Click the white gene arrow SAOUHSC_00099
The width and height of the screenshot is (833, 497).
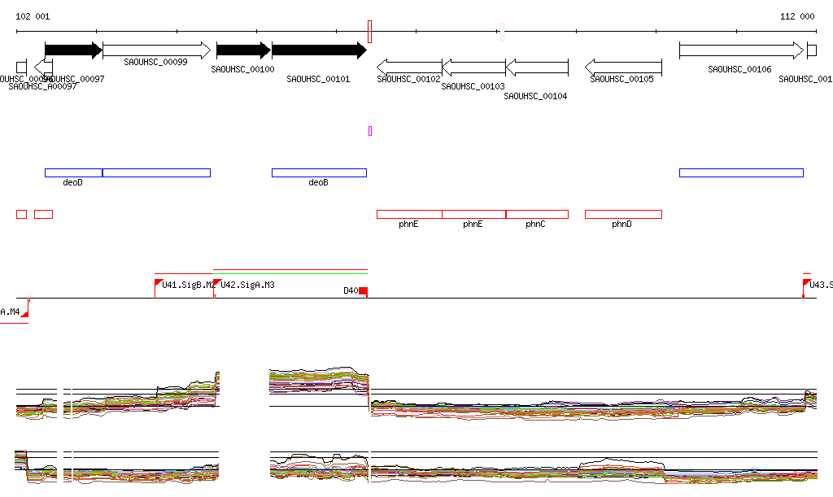(156, 50)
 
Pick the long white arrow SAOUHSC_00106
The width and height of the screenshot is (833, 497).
(740, 50)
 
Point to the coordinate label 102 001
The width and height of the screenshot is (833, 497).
(33, 16)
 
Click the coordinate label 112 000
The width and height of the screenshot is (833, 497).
(797, 16)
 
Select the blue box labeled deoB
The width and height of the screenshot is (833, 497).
(319, 172)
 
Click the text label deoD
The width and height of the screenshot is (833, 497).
(73, 183)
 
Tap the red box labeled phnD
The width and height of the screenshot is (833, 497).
(623, 214)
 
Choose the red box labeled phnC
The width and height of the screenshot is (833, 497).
(537, 214)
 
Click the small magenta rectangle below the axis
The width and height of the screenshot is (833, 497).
(370, 131)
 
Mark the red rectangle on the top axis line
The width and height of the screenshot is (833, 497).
(369, 32)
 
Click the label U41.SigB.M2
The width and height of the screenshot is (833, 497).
(187, 286)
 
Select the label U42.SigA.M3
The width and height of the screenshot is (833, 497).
(247, 286)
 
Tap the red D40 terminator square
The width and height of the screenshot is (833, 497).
(364, 291)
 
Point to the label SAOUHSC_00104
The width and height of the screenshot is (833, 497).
(535, 96)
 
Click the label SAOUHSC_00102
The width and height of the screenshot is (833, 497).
(408, 79)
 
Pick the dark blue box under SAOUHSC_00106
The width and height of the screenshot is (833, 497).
(741, 172)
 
